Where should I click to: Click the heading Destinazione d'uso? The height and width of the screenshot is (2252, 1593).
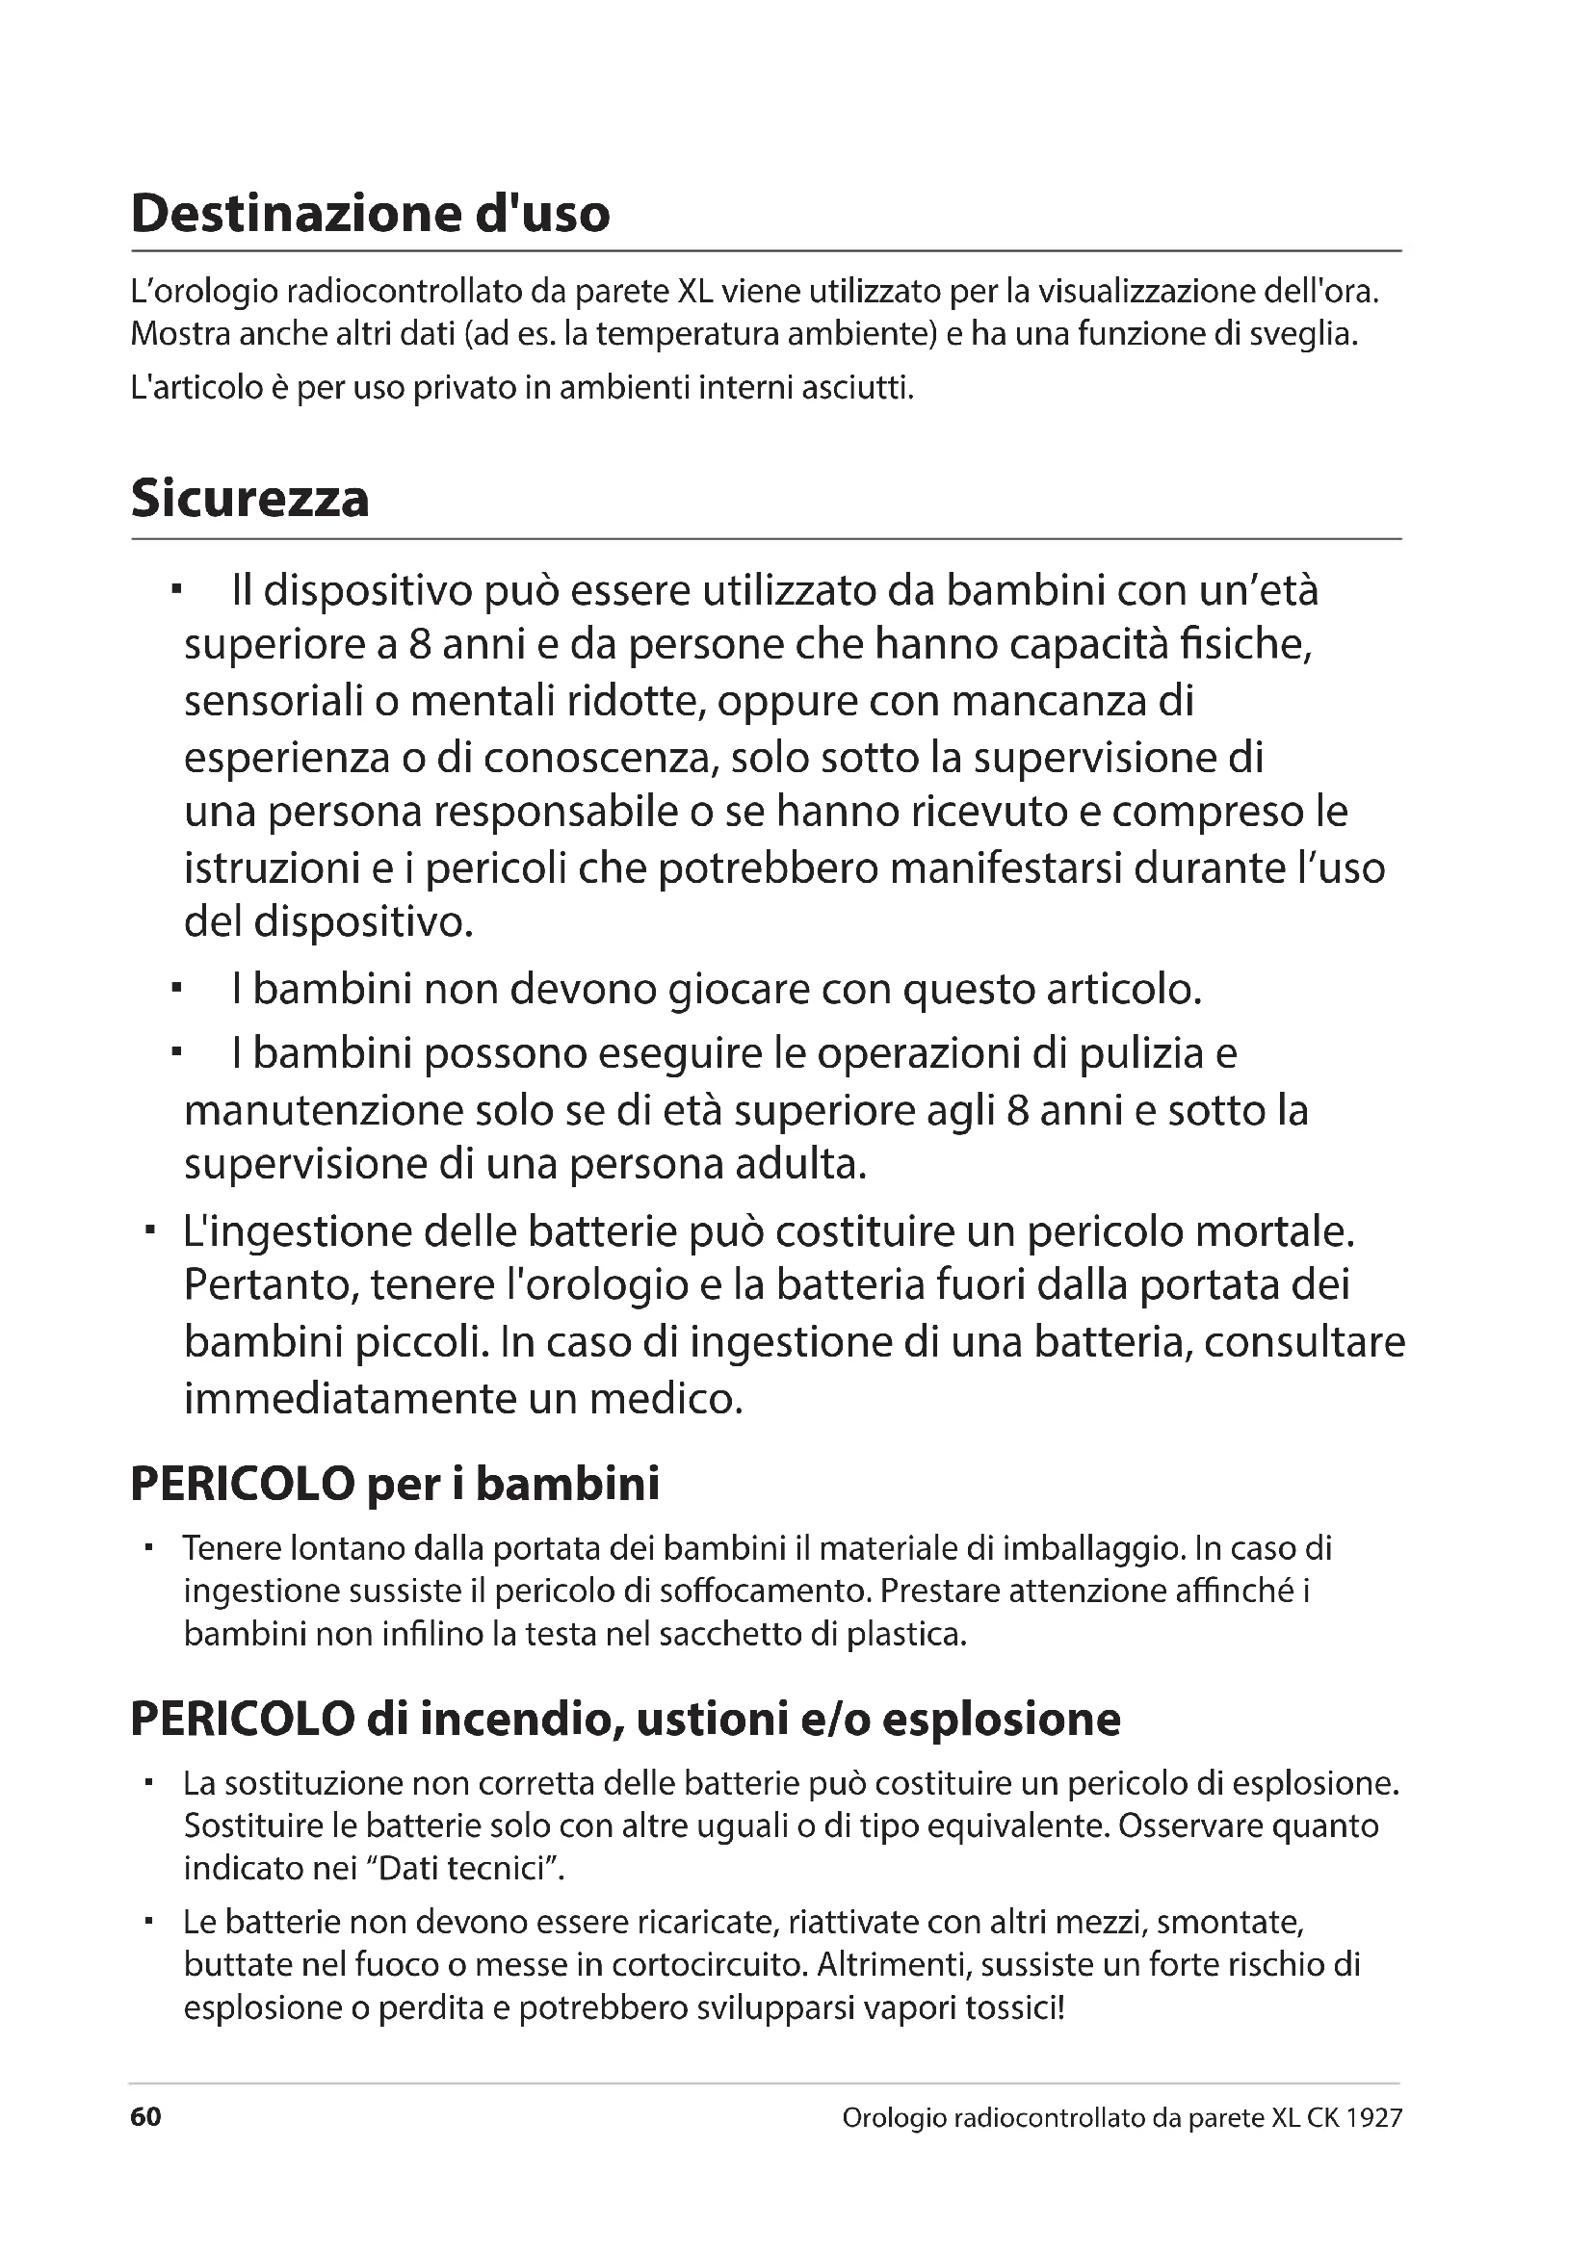pyautogui.click(x=370, y=214)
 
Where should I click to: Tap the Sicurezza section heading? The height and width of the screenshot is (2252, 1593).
pyautogui.click(x=250, y=500)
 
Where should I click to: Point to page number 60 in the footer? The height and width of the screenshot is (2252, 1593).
pyautogui.click(x=145, y=2117)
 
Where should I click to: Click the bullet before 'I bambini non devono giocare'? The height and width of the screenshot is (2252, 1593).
pyautogui.click(x=176, y=990)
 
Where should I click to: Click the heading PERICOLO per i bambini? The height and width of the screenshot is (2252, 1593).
pyautogui.click(x=394, y=1484)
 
